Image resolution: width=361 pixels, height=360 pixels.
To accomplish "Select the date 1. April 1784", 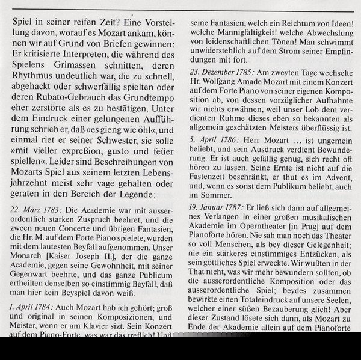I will point(31,306).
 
